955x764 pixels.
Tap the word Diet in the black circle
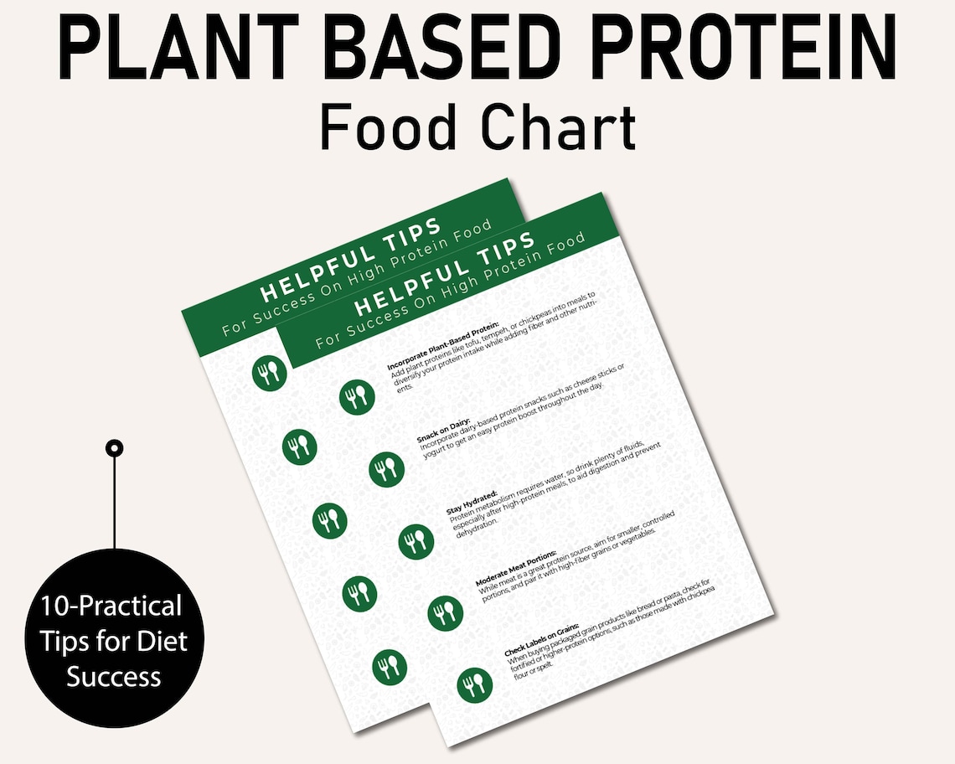[x=167, y=642]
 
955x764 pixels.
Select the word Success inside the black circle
[x=114, y=676]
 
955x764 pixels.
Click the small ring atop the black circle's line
[x=114, y=448]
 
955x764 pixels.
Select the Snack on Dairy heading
[x=443, y=427]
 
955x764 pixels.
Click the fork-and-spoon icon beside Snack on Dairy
[x=387, y=469]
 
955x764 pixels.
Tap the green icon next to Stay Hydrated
[x=416, y=540]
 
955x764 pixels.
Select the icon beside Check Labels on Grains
[x=475, y=684]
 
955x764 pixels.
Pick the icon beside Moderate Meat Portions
[x=445, y=612]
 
